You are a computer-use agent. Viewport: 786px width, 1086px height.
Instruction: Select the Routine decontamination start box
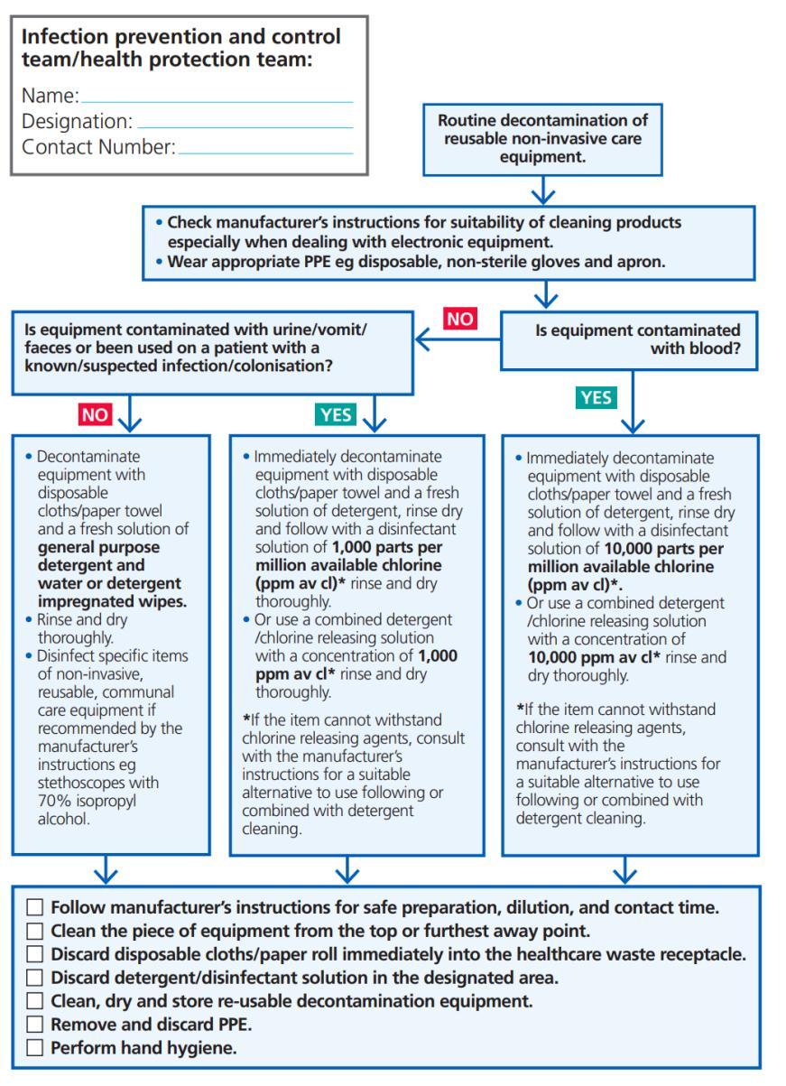[x=542, y=138]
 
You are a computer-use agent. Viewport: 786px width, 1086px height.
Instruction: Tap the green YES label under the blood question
[x=595, y=397]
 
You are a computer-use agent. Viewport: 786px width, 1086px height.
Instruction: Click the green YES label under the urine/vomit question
[x=336, y=414]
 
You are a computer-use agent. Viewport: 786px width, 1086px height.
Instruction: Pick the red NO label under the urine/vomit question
[x=95, y=414]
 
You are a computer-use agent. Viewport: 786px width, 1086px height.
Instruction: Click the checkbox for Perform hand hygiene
[x=35, y=1048]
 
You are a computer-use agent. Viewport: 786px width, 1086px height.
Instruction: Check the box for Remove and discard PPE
[x=35, y=1025]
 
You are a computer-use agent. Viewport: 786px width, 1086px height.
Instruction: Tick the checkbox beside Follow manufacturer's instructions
[x=35, y=907]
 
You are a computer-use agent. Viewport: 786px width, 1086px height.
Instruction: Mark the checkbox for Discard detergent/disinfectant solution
[x=35, y=978]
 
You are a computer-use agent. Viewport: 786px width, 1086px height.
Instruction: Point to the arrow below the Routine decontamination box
[x=542, y=190]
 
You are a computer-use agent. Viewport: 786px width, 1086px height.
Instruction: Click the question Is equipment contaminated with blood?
[x=637, y=339]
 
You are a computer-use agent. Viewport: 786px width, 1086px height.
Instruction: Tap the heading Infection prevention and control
[x=180, y=37]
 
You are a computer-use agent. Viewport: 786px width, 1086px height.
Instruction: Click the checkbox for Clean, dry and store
[x=35, y=1001]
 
